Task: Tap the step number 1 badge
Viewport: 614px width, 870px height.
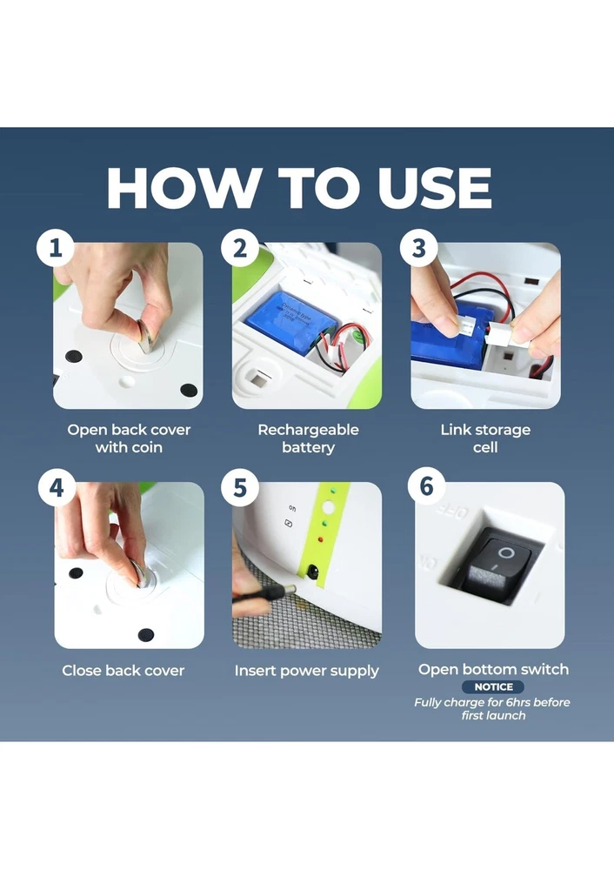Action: pyautogui.click(x=56, y=248)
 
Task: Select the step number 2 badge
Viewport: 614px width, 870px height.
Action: pyautogui.click(x=240, y=248)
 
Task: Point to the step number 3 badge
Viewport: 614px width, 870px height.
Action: pyautogui.click(x=419, y=248)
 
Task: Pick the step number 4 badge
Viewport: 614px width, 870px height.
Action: pyautogui.click(x=57, y=488)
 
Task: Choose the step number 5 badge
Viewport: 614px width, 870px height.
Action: pyautogui.click(x=240, y=488)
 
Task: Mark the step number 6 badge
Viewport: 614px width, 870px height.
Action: pyautogui.click(x=426, y=486)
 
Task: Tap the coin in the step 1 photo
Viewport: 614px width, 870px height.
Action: pyautogui.click(x=148, y=336)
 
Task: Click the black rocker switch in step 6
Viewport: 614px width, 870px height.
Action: pyautogui.click(x=496, y=566)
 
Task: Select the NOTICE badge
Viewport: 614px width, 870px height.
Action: pyautogui.click(x=493, y=687)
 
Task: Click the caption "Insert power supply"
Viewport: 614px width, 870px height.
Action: pyautogui.click(x=307, y=672)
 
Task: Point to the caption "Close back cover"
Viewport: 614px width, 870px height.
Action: pyautogui.click(x=123, y=671)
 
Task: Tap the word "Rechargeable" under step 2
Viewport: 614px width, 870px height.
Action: pyautogui.click(x=309, y=430)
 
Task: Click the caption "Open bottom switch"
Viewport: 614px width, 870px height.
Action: pyautogui.click(x=494, y=670)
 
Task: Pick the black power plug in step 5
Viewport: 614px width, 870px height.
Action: pyautogui.click(x=264, y=594)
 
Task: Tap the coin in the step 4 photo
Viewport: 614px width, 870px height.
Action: pyautogui.click(x=141, y=573)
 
